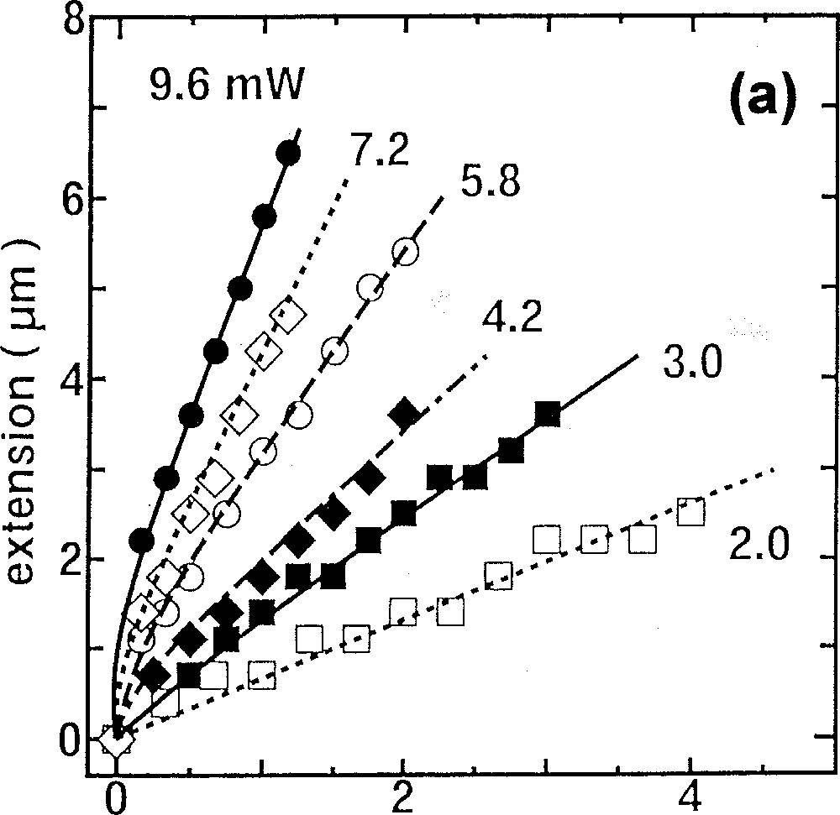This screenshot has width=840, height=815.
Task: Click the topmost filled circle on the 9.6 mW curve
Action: point(289,153)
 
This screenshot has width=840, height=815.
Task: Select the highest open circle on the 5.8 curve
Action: point(406,251)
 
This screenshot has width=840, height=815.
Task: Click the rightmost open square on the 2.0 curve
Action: point(690,511)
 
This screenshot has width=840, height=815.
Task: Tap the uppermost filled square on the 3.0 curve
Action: point(548,413)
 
